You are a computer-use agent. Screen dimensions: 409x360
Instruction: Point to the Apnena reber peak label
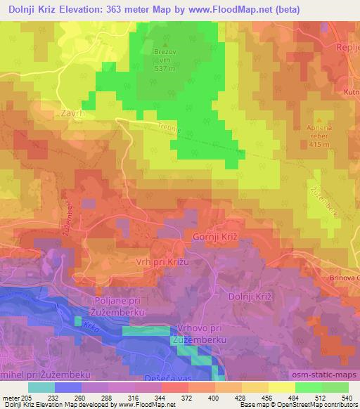click(322, 134)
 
